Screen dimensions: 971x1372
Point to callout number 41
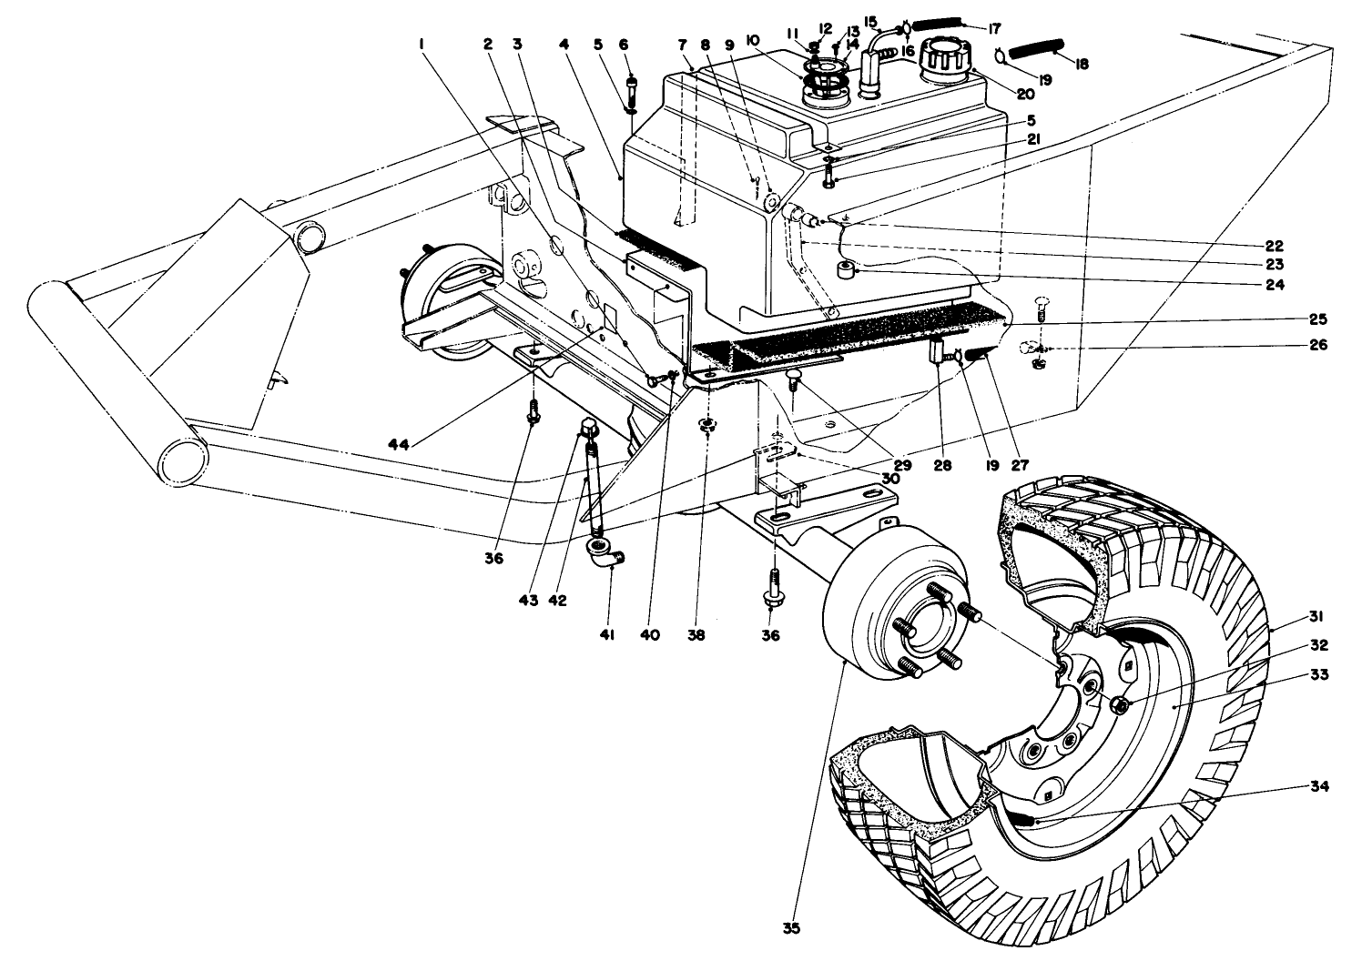coord(606,635)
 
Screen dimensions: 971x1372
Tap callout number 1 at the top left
coord(422,43)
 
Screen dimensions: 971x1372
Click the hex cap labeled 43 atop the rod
coord(586,425)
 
